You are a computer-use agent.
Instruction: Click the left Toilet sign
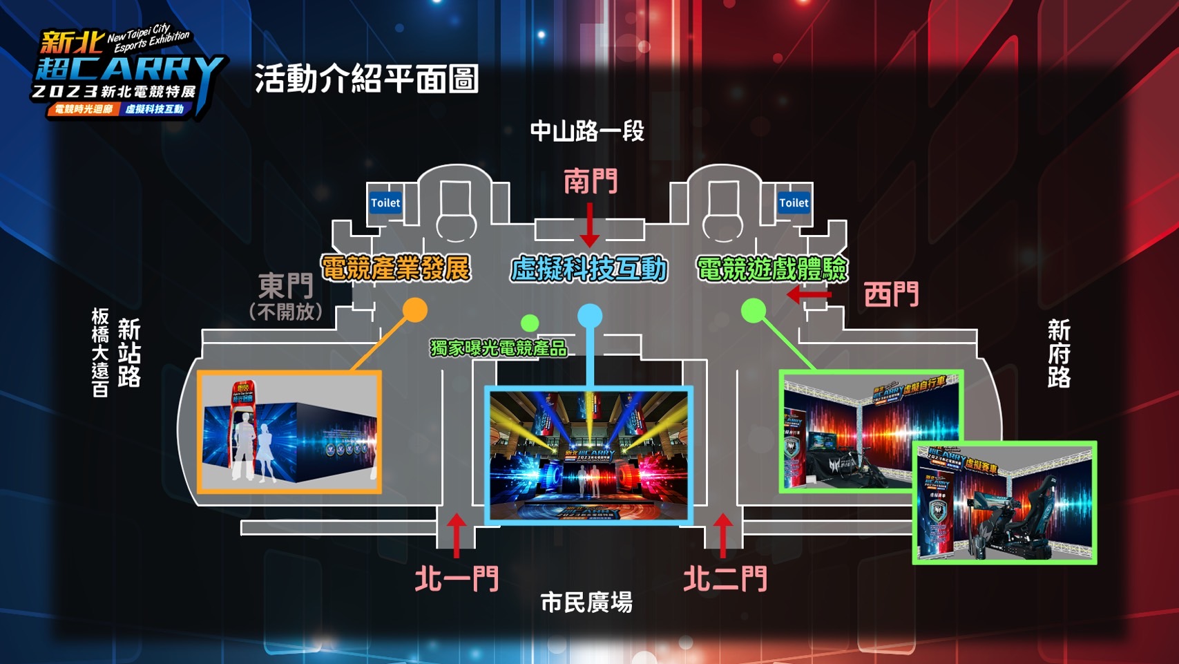(x=385, y=203)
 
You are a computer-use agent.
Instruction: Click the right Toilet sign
(x=793, y=203)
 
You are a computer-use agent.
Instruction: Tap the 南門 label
(x=591, y=182)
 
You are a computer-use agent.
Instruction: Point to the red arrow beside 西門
(x=809, y=295)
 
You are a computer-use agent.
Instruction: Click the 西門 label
(x=891, y=295)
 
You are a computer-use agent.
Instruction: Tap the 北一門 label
(x=457, y=579)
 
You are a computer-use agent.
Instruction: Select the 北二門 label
(x=725, y=579)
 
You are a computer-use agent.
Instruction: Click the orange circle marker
(x=414, y=310)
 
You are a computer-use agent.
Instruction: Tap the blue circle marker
(x=590, y=316)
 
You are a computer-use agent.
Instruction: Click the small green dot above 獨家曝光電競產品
(x=530, y=322)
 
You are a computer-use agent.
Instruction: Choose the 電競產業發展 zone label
(x=396, y=268)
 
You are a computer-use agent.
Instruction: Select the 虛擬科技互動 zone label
(x=589, y=269)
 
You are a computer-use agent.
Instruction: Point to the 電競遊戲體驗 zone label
(x=771, y=269)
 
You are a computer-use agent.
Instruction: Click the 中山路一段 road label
(x=587, y=131)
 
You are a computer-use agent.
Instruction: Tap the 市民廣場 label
(x=586, y=603)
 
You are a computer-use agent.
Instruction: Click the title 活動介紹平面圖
(x=367, y=79)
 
